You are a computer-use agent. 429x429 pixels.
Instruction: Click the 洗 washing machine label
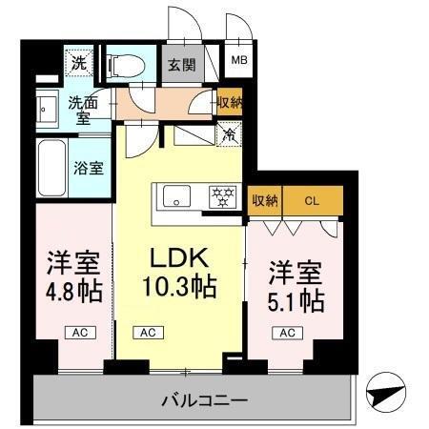(76, 64)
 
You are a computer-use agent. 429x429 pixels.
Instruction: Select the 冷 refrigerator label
(229, 134)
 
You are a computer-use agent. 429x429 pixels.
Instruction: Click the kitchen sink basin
(178, 198)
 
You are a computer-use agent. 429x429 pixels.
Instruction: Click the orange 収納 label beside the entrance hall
(229, 103)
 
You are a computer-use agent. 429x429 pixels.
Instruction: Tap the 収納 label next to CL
(265, 200)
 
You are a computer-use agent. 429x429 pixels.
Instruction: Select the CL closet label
(311, 200)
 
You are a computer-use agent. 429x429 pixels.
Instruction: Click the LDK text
(178, 259)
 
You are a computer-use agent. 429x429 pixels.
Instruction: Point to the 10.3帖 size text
(178, 286)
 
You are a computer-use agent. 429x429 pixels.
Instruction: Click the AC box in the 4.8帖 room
(78, 333)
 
